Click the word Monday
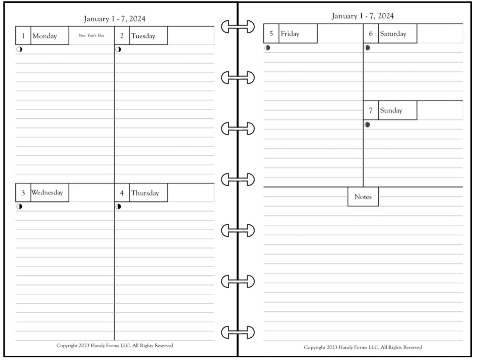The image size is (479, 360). click(45, 36)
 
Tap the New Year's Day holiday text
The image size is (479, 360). click(91, 35)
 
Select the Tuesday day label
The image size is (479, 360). click(143, 36)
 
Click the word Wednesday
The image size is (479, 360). click(47, 192)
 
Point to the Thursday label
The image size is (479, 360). click(145, 193)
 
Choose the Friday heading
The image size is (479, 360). click(290, 34)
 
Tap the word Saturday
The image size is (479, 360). click(393, 34)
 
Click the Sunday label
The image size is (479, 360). click(391, 110)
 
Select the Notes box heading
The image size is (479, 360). click(363, 197)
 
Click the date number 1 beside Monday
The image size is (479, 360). click(23, 36)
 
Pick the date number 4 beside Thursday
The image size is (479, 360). click(122, 193)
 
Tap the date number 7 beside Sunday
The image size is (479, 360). click(371, 110)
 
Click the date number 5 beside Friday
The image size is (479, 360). click(271, 34)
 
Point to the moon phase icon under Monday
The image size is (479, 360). click(19, 50)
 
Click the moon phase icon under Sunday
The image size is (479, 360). click(367, 125)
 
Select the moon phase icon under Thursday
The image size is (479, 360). click(118, 207)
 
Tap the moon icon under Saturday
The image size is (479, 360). click(367, 48)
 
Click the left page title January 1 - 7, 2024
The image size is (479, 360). click(114, 19)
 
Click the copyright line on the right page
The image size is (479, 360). click(363, 347)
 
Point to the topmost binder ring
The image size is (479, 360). click(238, 27)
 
